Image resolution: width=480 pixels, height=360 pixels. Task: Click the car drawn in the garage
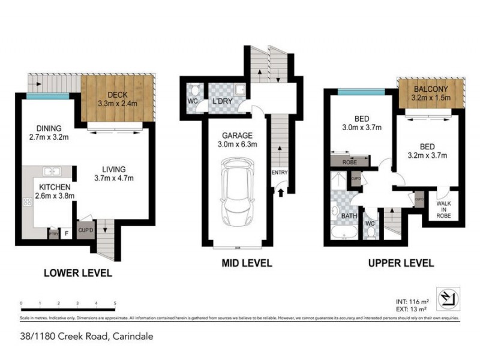click(x=237, y=191)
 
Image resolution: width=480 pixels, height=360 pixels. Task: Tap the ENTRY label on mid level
click(x=280, y=173)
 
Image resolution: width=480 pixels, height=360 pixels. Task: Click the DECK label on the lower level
click(x=118, y=94)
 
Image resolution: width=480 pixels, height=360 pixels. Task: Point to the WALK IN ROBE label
click(x=445, y=209)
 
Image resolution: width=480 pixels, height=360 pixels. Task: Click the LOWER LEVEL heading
click(x=77, y=274)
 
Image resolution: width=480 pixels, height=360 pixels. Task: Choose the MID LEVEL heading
click(x=247, y=263)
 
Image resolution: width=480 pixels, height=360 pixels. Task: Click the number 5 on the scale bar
click(x=114, y=304)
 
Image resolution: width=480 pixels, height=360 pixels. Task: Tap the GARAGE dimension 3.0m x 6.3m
click(x=238, y=144)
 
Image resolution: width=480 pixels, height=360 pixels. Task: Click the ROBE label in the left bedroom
click(x=349, y=162)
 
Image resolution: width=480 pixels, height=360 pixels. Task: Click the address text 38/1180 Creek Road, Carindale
click(x=86, y=337)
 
